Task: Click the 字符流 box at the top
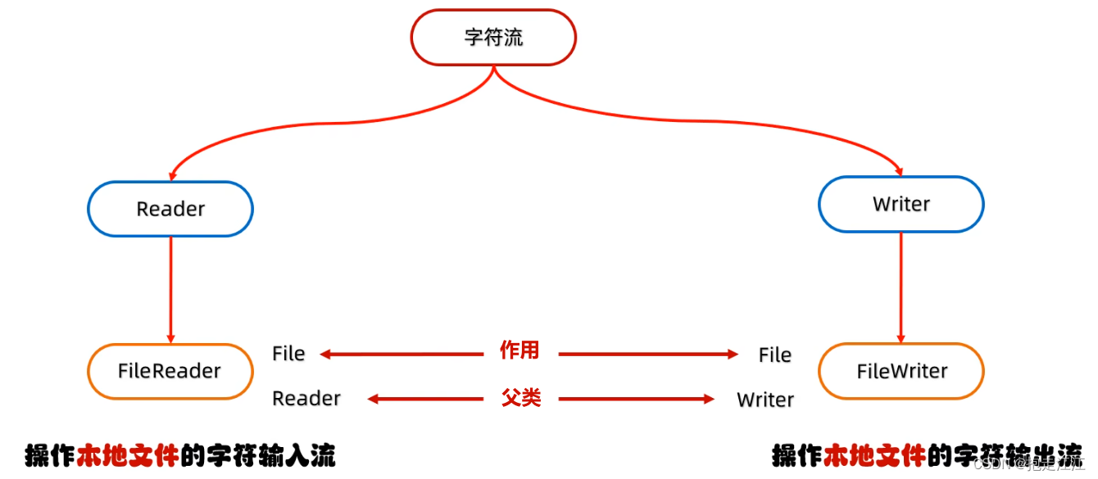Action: click(x=493, y=38)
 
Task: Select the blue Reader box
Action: click(x=170, y=209)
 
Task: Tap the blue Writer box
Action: click(x=901, y=204)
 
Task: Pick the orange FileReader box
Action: click(x=170, y=371)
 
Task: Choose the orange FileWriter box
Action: click(x=901, y=371)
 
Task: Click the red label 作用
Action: click(x=520, y=351)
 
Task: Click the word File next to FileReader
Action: click(x=288, y=354)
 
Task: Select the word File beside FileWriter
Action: click(x=774, y=355)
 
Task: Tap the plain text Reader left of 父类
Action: click(x=306, y=399)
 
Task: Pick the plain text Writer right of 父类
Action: click(x=765, y=400)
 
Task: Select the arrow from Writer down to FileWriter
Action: click(x=901, y=287)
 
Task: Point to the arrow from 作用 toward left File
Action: click(x=402, y=355)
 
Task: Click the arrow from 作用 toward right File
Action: click(x=647, y=355)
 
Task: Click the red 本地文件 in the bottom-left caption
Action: click(x=126, y=454)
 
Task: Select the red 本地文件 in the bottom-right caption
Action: click(x=874, y=454)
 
